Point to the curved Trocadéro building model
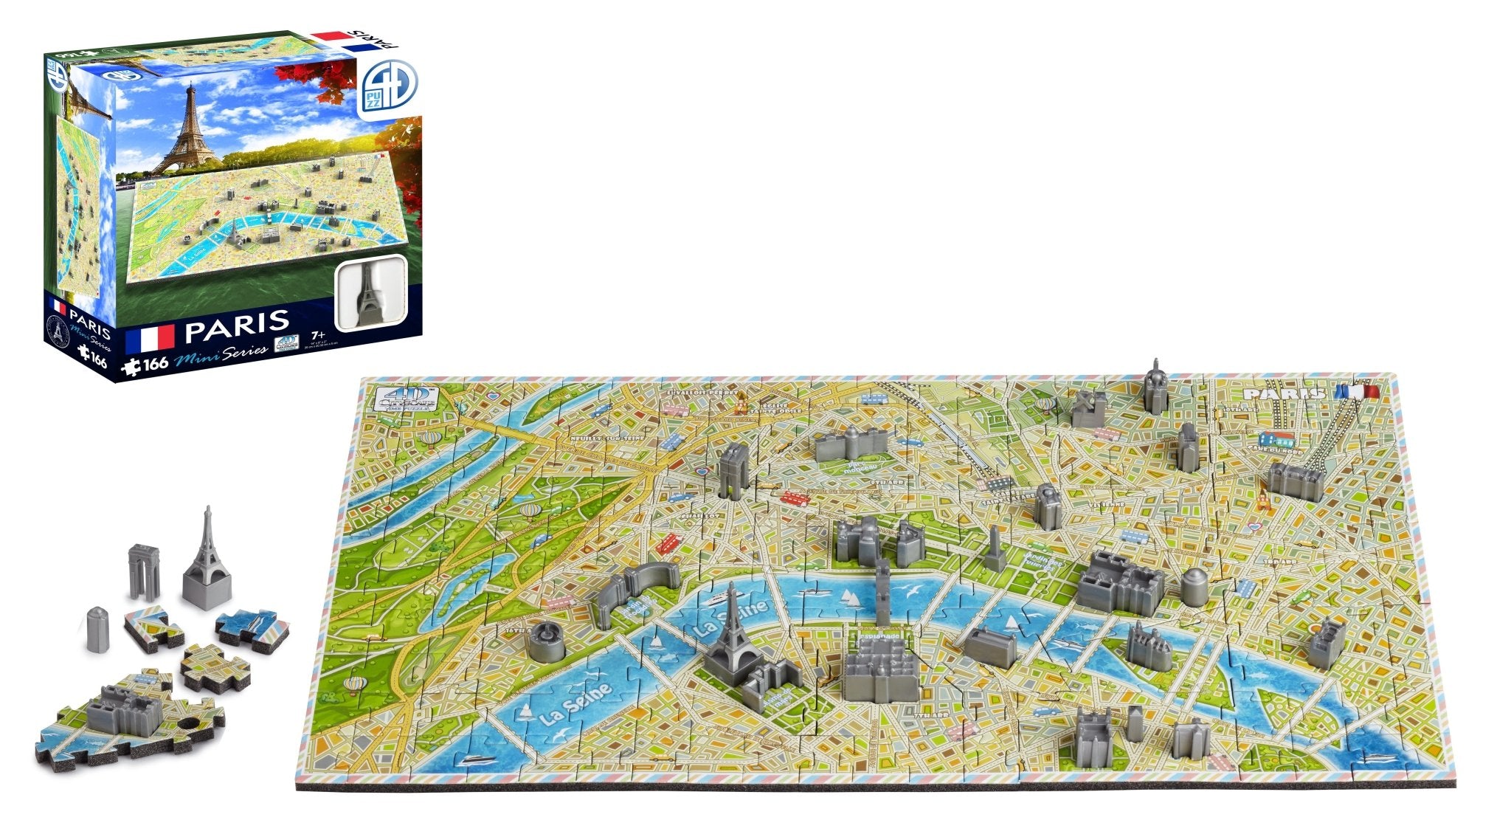coord(635,590)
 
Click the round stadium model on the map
coord(547,639)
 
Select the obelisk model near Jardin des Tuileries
coord(995,549)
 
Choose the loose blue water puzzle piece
coord(247,627)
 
